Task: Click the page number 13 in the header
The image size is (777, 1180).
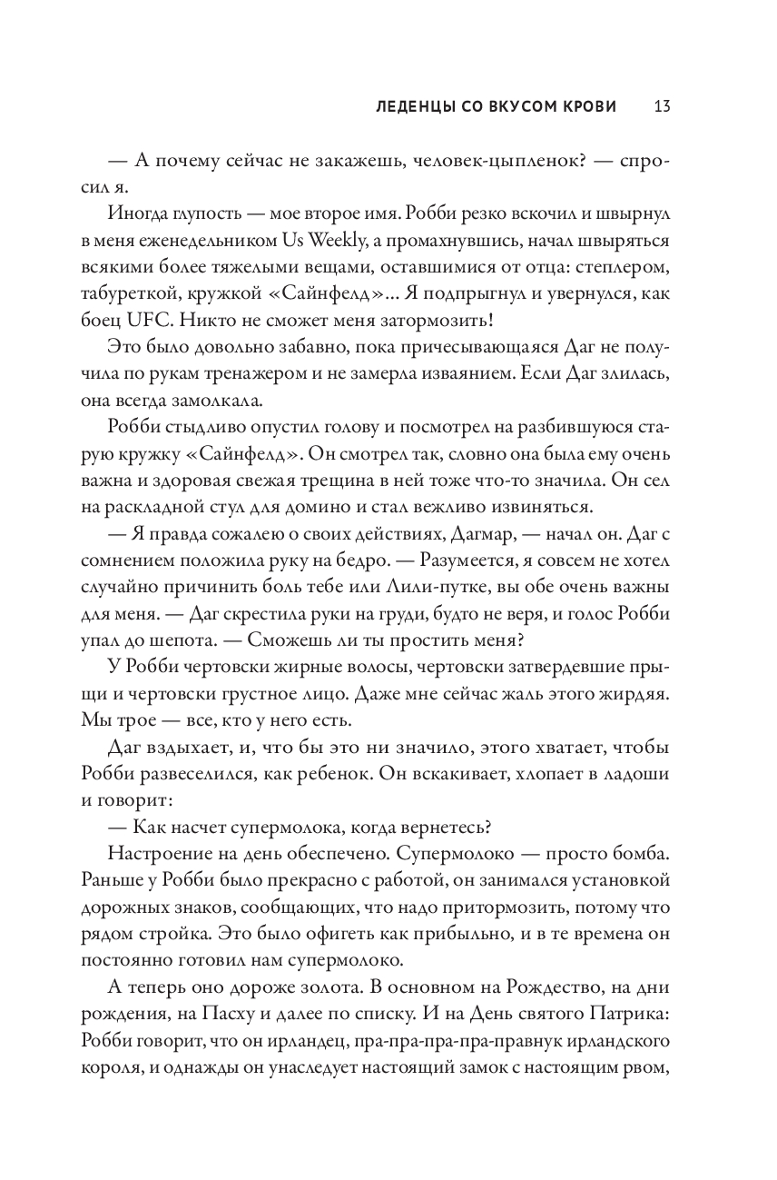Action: pos(661,106)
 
